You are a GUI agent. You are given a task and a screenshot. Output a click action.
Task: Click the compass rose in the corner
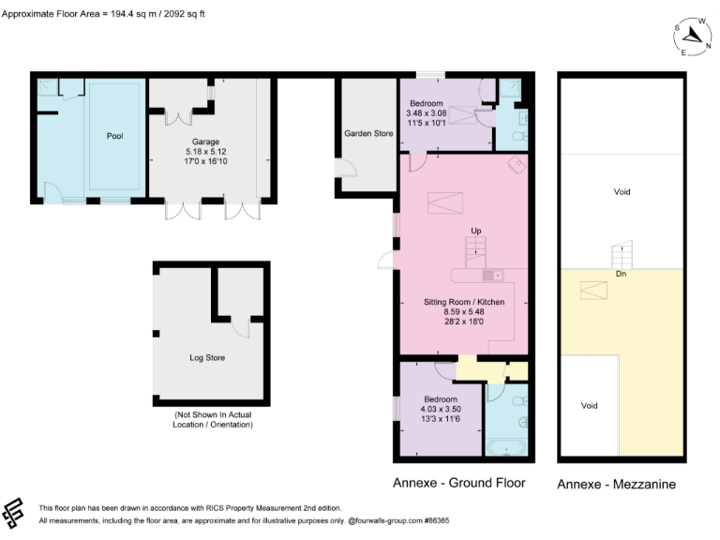pos(693,36)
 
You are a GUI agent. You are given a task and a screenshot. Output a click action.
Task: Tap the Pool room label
pos(114,136)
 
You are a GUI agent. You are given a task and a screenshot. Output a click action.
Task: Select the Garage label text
pos(205,142)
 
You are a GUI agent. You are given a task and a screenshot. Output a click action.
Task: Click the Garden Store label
pos(367,134)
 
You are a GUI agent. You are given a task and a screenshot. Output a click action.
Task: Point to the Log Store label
pos(207,357)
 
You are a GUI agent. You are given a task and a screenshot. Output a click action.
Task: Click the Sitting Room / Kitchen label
pos(464,302)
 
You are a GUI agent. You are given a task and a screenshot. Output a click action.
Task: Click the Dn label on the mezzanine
pos(622,274)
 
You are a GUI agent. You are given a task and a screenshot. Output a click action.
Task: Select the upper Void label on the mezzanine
pos(622,191)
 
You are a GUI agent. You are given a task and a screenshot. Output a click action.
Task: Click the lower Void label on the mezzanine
pos(589,406)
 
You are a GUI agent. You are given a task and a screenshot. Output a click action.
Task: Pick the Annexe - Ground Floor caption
pos(459,484)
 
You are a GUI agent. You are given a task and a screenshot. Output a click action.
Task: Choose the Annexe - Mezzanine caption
pos(616,485)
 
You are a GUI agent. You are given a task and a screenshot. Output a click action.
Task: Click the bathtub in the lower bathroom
pos(508,448)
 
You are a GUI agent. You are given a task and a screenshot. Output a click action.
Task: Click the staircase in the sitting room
pos(477,250)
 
